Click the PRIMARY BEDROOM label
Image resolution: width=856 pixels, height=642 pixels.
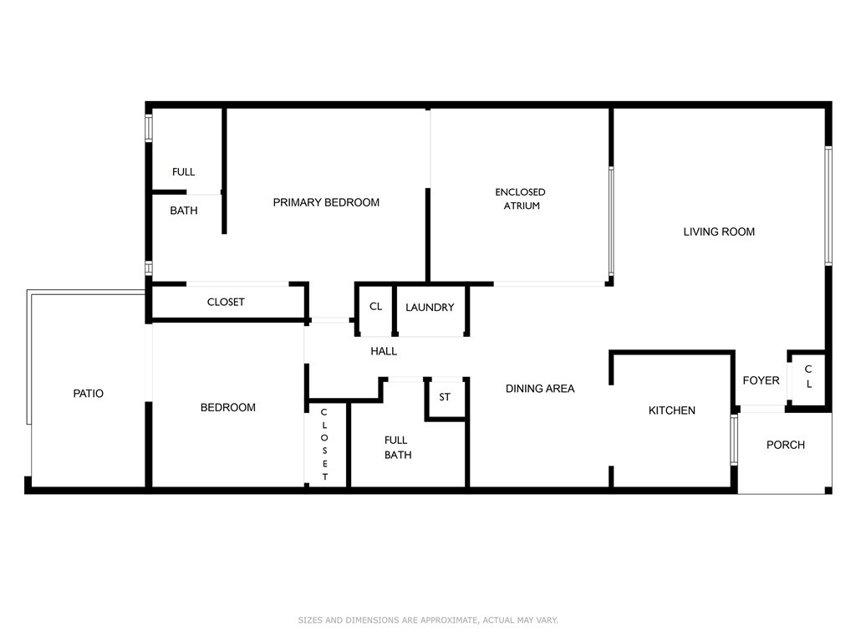(x=326, y=202)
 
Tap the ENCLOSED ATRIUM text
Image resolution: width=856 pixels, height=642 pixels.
(x=520, y=199)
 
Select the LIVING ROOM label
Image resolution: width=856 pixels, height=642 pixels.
(x=719, y=232)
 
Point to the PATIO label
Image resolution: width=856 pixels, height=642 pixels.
(x=89, y=393)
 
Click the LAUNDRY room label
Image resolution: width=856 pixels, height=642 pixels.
(x=430, y=308)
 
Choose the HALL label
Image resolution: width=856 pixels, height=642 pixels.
(x=384, y=351)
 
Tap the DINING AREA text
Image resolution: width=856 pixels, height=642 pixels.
(x=540, y=389)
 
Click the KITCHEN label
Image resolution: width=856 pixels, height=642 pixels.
(x=672, y=410)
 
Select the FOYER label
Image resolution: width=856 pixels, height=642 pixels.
(x=761, y=380)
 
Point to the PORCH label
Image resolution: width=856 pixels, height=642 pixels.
(x=786, y=445)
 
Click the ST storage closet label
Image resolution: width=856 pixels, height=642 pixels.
(x=445, y=397)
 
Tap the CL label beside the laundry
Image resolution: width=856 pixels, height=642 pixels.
(x=375, y=306)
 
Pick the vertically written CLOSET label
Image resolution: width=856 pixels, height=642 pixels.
(x=325, y=445)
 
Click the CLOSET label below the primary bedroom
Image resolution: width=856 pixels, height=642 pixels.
(x=226, y=302)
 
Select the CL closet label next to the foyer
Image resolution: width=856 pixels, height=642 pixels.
(x=808, y=376)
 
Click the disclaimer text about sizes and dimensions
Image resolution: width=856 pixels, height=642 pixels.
(x=428, y=620)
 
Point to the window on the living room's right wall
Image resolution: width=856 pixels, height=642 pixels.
(x=828, y=206)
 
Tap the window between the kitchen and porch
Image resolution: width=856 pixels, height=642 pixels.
(x=734, y=440)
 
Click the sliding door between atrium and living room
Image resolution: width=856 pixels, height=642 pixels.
(x=611, y=221)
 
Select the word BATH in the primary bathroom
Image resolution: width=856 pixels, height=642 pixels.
(x=183, y=211)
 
